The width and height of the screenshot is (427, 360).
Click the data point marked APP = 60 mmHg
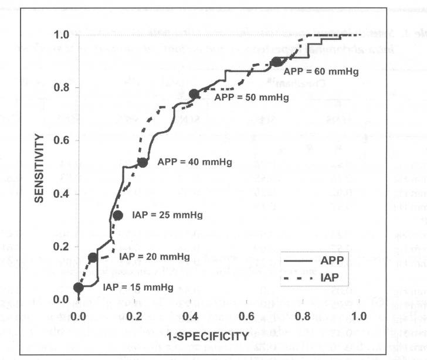coord(277,62)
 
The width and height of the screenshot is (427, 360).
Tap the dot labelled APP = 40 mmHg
coord(142,162)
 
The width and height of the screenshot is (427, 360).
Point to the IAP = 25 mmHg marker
coord(117,215)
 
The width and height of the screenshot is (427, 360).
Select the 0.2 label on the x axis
coord(134,315)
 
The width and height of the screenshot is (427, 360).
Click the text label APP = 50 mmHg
coord(243,97)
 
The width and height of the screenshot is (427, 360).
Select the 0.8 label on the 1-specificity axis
coord(303,315)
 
